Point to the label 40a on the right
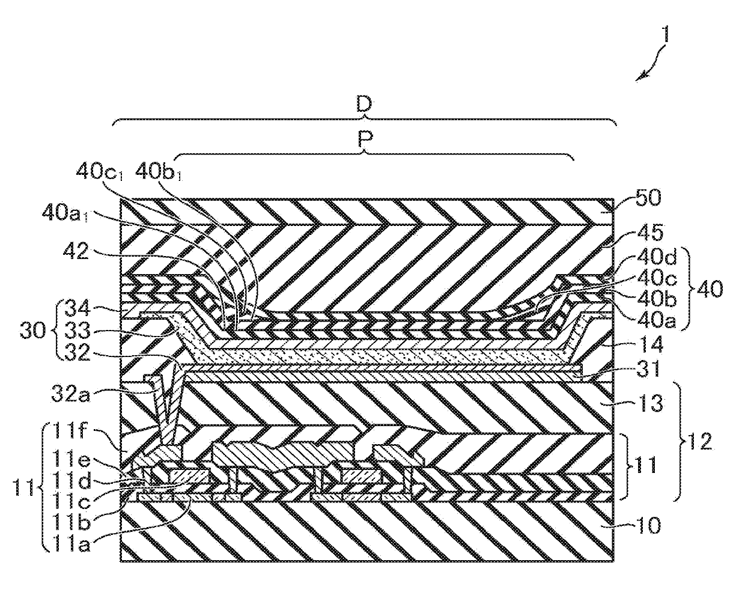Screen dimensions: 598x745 (640, 321)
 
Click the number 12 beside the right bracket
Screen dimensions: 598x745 (699, 442)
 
